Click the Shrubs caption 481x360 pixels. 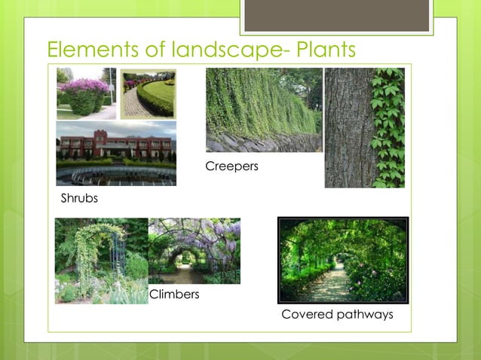point(79,199)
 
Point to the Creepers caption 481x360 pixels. point(231,166)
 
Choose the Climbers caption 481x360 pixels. point(174,294)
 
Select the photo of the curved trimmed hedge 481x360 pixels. point(148,94)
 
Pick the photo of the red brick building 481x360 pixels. point(116,153)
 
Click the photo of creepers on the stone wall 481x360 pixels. point(264,110)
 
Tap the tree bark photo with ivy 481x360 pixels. point(364,127)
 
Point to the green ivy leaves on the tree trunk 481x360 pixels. point(388,121)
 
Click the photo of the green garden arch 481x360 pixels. point(101,261)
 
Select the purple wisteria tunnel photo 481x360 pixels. point(195,251)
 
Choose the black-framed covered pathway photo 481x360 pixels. point(343,260)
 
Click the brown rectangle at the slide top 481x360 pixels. point(336,15)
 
